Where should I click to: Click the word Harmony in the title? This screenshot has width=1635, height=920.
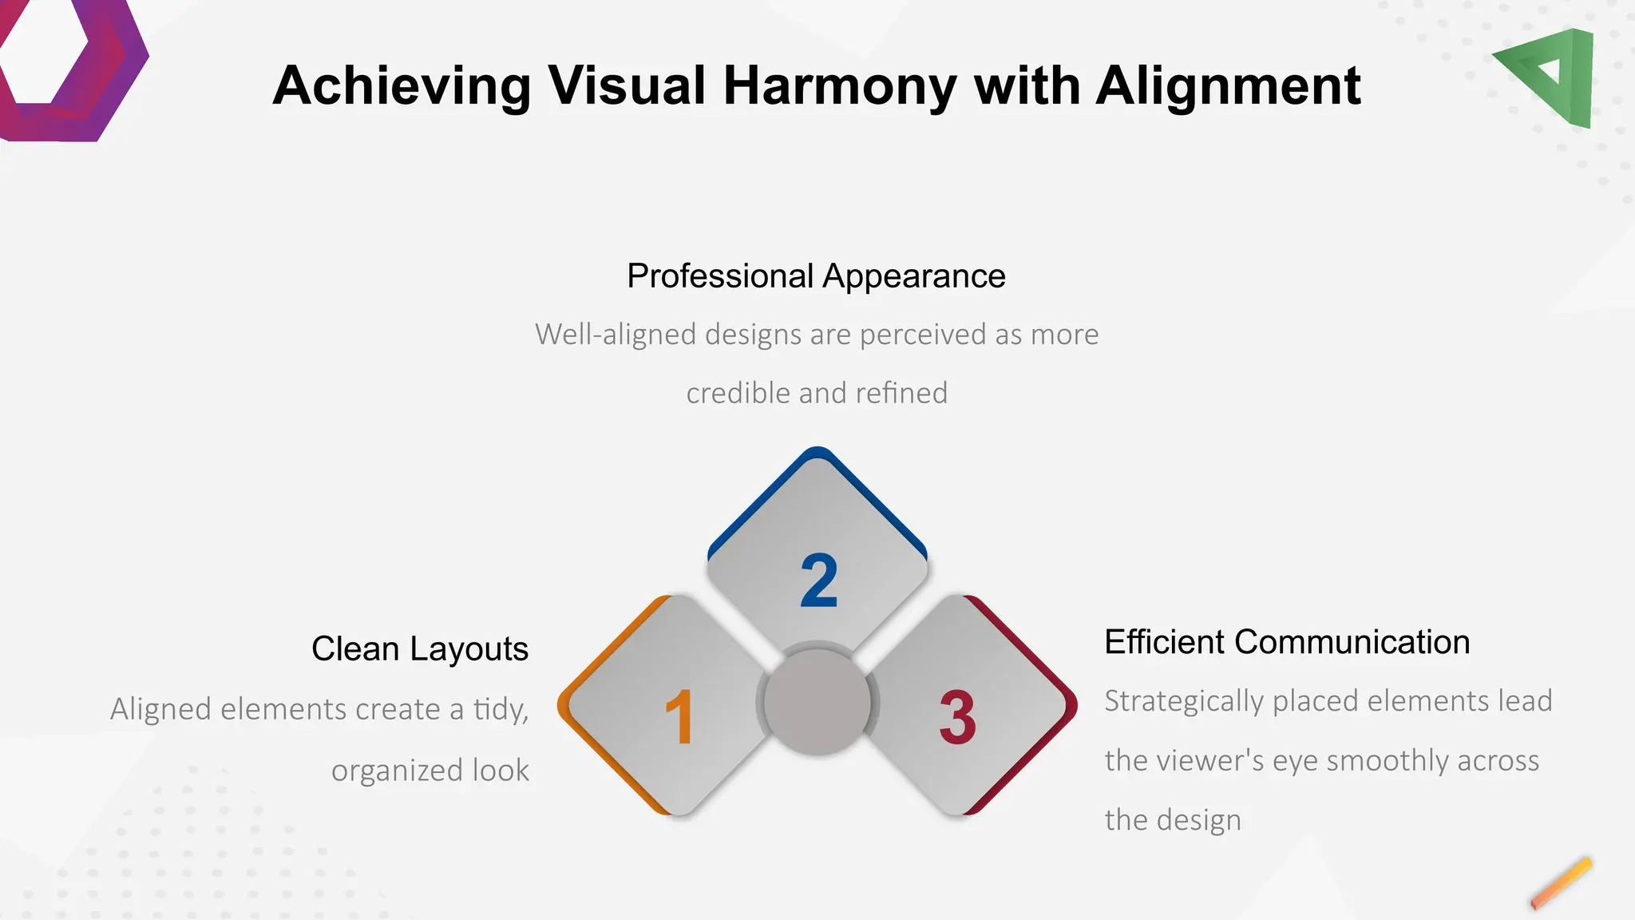pos(840,86)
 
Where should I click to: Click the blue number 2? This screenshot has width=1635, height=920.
pos(819,581)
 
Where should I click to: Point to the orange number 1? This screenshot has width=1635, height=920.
pos(679,717)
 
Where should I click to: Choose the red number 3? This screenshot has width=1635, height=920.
pos(957,717)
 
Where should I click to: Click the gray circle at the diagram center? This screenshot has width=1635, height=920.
pos(817,702)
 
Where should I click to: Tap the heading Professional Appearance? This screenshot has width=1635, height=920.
pos(816,276)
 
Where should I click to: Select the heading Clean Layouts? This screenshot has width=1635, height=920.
pos(420,648)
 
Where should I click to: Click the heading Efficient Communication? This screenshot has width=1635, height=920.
pos(1286,642)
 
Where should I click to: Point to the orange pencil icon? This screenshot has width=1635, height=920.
pos(1561,883)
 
